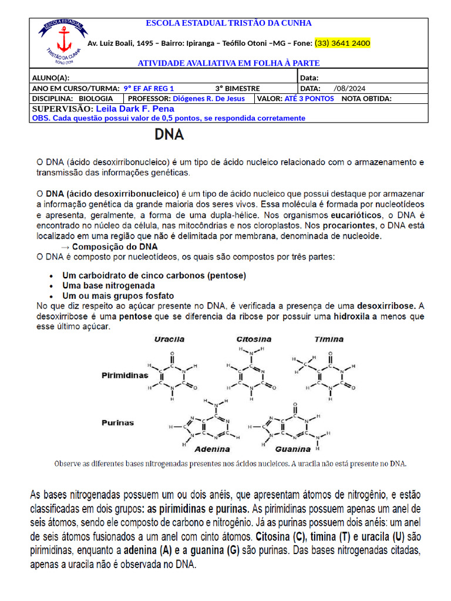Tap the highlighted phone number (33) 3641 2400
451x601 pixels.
pos(342,43)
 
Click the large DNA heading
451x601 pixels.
pos(169,135)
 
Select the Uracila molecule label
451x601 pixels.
pos(169,339)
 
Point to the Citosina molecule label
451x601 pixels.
pos(254,339)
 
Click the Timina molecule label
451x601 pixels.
pos(329,339)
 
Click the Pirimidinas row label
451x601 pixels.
pos(125,374)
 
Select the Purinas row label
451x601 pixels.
pos(118,423)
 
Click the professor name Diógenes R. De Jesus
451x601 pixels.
pos(208,99)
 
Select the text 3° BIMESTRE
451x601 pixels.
pos(237,88)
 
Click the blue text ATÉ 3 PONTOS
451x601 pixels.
pos(309,99)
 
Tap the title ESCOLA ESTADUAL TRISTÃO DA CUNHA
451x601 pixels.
pos(228,23)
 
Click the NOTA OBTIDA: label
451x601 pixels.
pos(366,99)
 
